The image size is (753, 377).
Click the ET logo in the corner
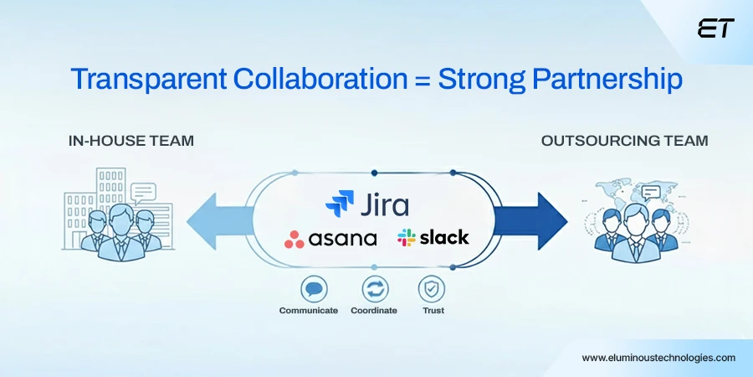click(715, 29)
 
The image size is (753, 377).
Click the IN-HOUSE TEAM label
click(131, 141)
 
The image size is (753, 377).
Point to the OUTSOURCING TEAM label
click(624, 141)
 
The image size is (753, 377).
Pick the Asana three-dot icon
click(295, 240)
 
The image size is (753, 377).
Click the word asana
click(343, 239)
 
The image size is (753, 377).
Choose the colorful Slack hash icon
click(407, 238)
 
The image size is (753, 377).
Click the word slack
click(444, 238)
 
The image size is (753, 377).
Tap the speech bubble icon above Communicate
click(315, 289)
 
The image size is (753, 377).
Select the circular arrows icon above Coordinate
click(375, 289)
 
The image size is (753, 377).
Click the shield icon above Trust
click(433, 289)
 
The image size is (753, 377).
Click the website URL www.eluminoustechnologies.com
click(658, 357)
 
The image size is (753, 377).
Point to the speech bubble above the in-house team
click(143, 192)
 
